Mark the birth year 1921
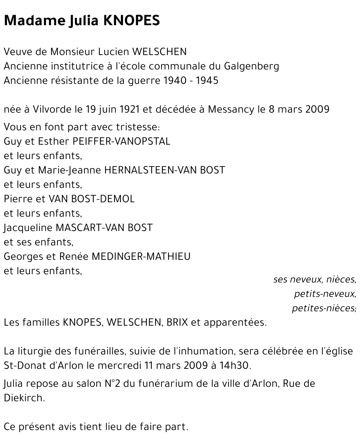[128, 109]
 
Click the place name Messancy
[231, 109]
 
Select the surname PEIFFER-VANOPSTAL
[121, 141]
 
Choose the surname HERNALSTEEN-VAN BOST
[165, 170]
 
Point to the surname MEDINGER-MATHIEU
[141, 257]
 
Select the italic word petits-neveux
[325, 294]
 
